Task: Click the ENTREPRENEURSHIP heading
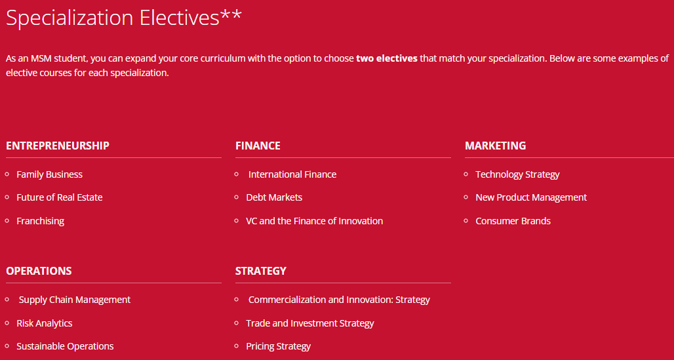(58, 146)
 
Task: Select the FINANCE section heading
(258, 146)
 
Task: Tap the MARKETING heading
(495, 146)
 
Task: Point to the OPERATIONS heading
(39, 271)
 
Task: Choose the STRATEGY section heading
(261, 271)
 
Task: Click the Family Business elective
(49, 174)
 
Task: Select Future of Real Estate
(59, 197)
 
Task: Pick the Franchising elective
(41, 221)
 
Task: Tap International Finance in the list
(292, 174)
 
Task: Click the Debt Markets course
(274, 197)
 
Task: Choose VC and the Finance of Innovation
(314, 221)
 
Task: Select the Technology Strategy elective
(517, 174)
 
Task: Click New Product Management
(531, 197)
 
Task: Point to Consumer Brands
(513, 221)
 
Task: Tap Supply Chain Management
(74, 300)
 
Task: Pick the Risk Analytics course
(45, 323)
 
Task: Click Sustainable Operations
(65, 346)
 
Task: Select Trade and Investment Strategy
(310, 323)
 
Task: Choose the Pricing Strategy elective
(278, 346)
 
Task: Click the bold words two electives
(387, 58)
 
